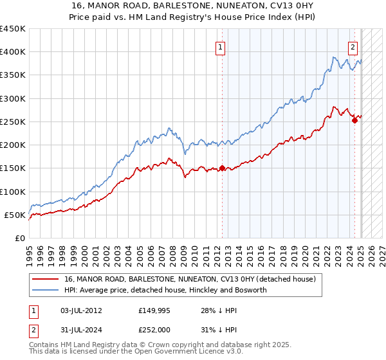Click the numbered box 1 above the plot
(x=221, y=46)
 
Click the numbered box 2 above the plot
(x=353, y=46)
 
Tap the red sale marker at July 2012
(x=222, y=168)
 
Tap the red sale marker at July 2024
(x=354, y=120)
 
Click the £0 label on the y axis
(x=19, y=238)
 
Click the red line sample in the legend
(x=45, y=280)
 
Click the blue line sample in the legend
(x=45, y=291)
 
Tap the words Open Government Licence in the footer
(x=183, y=352)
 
